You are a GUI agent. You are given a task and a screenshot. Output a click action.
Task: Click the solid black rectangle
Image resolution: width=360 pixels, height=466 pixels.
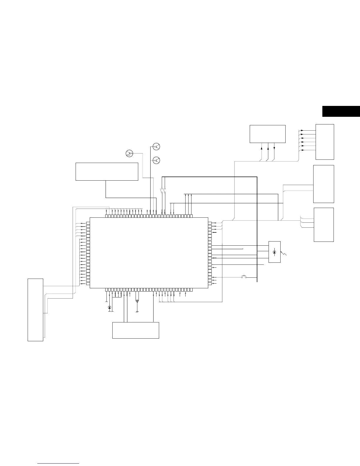pos(341,111)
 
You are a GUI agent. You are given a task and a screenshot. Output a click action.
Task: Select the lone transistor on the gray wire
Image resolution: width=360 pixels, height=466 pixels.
pos(129,153)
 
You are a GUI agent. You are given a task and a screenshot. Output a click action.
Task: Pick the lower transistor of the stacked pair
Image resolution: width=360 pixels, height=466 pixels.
pos(156,160)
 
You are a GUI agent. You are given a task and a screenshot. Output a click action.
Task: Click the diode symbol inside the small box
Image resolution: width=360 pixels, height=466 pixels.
pos(274,252)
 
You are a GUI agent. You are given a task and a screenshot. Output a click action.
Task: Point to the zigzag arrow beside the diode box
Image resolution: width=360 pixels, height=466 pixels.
pos(284,252)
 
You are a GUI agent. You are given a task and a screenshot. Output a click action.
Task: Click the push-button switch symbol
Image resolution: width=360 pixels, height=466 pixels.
pos(244,277)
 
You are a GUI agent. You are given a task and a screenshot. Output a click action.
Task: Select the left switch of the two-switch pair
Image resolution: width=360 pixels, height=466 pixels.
pos(161,191)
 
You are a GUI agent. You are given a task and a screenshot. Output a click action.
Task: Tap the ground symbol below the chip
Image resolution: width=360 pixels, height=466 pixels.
pos(137,311)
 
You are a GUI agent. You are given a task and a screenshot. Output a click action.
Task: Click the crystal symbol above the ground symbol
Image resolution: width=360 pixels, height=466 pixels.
pos(137,301)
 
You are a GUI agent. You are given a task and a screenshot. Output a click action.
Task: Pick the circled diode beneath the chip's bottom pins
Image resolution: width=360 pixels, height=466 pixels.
pos(110,307)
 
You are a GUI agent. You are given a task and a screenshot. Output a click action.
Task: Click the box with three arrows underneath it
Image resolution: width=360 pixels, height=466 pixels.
pos(267,134)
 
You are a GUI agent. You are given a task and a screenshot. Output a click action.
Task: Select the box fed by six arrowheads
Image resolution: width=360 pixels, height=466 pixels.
pos(325,142)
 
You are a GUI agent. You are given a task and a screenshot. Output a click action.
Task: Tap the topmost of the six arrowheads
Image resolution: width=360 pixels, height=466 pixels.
pos(303,130)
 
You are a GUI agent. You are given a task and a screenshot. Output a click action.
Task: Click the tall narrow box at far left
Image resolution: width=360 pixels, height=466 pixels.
pos(35,309)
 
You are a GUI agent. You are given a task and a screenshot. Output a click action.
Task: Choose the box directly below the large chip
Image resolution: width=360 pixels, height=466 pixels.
pos(136,330)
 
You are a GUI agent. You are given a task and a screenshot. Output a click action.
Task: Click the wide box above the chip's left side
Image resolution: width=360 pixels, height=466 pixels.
pos(107,171)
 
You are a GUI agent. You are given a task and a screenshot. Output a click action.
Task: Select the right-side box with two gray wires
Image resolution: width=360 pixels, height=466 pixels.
pos(324,184)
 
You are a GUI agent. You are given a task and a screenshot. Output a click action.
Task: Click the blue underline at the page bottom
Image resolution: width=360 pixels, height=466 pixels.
pos(59,463)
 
